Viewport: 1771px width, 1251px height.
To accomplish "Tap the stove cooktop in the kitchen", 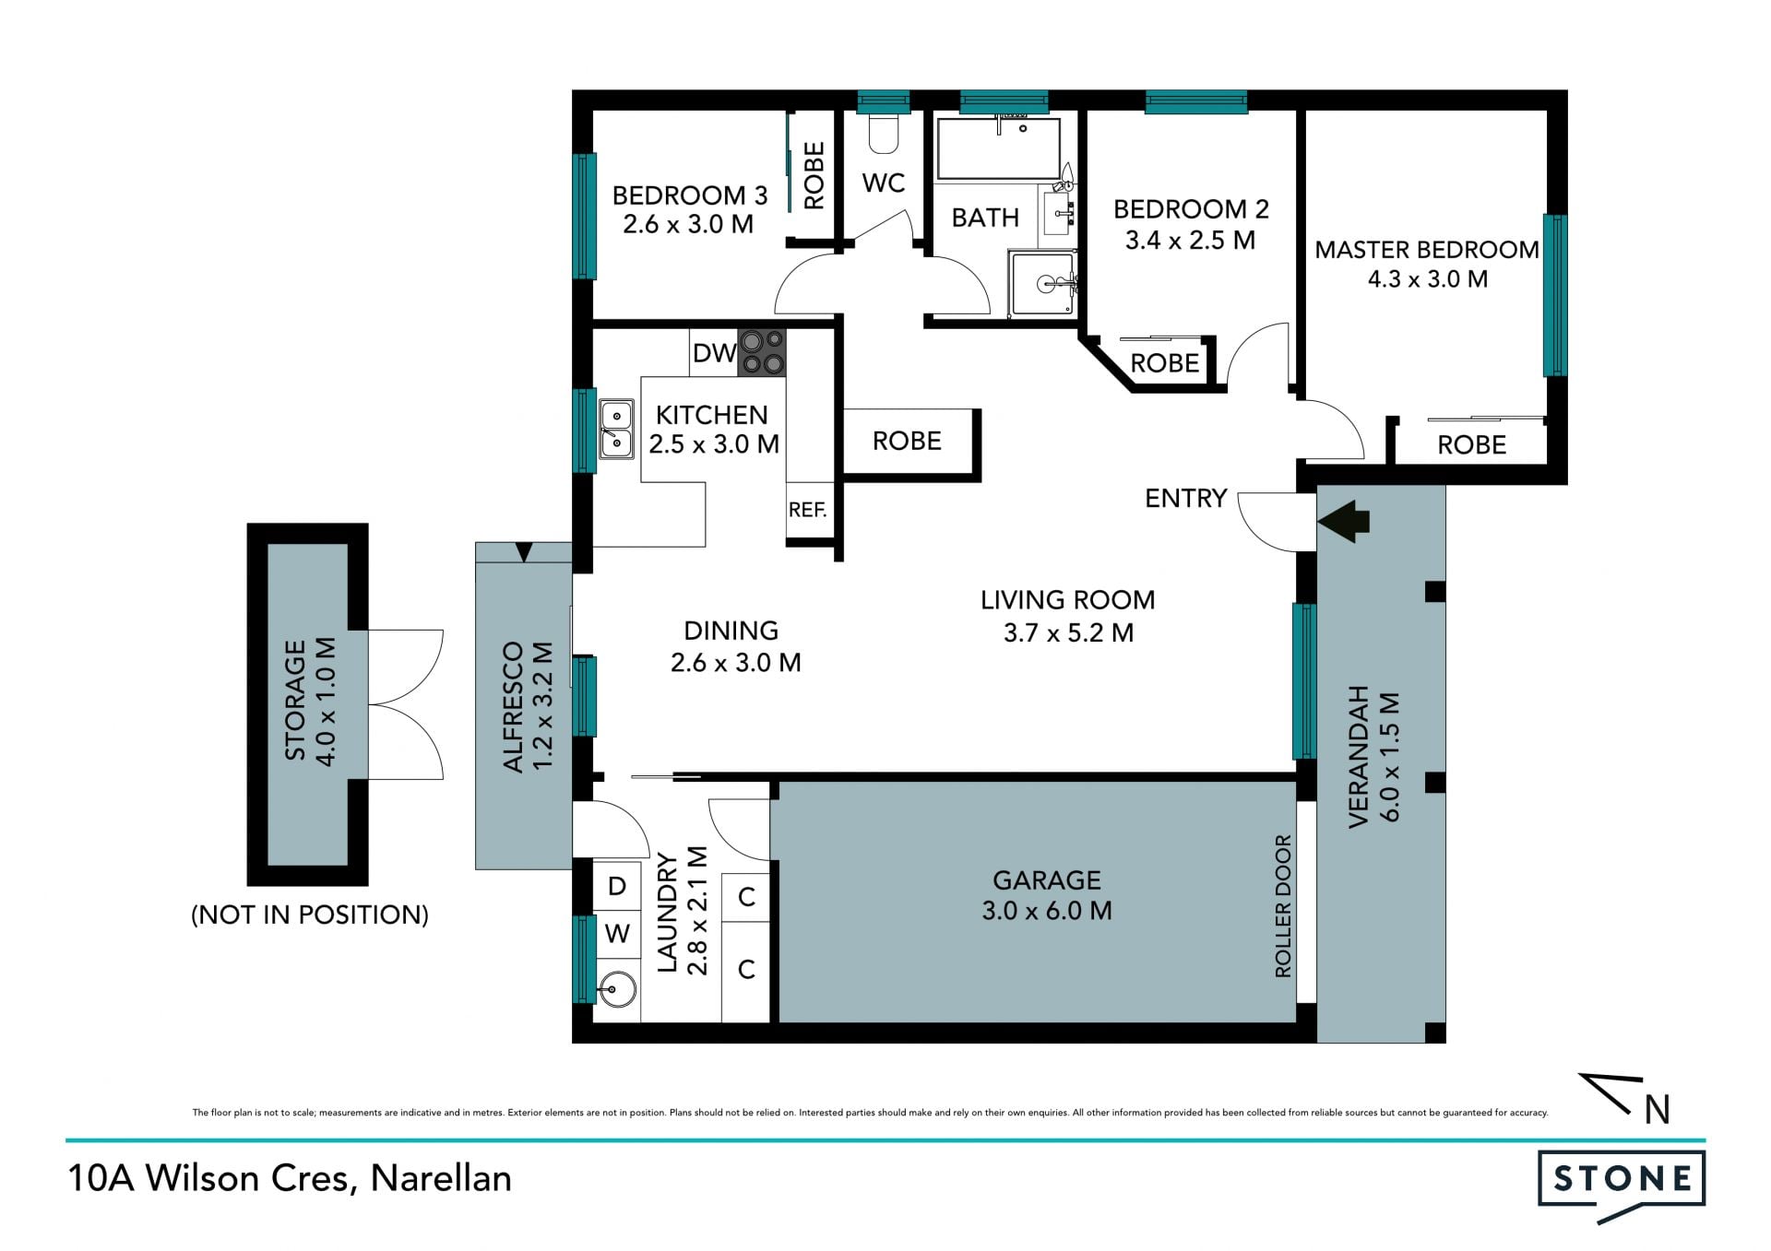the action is [762, 353].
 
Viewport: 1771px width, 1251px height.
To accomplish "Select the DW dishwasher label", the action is [714, 353].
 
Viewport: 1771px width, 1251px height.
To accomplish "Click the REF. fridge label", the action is [807, 510].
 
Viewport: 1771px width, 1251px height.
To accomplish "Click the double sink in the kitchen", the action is [617, 430].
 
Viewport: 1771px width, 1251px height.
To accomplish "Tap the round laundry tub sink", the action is [617, 991].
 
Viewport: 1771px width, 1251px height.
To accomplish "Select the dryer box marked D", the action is [617, 887].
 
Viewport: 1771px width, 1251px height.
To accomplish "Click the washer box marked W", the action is [617, 935].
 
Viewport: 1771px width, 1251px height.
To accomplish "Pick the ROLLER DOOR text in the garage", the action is [1283, 905].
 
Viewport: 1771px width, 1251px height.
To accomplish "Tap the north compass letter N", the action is [1658, 1110].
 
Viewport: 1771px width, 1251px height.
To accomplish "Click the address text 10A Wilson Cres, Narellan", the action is [290, 1179].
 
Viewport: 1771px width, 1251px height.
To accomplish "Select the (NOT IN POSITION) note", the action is [310, 915].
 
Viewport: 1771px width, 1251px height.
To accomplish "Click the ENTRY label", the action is [1185, 499].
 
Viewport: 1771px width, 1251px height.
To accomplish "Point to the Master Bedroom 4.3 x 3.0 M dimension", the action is [1427, 279].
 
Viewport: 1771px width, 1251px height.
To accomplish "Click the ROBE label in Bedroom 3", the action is [814, 175].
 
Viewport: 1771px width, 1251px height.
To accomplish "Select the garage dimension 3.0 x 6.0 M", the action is [1046, 911].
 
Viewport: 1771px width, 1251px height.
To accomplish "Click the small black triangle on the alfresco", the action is [524, 552].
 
